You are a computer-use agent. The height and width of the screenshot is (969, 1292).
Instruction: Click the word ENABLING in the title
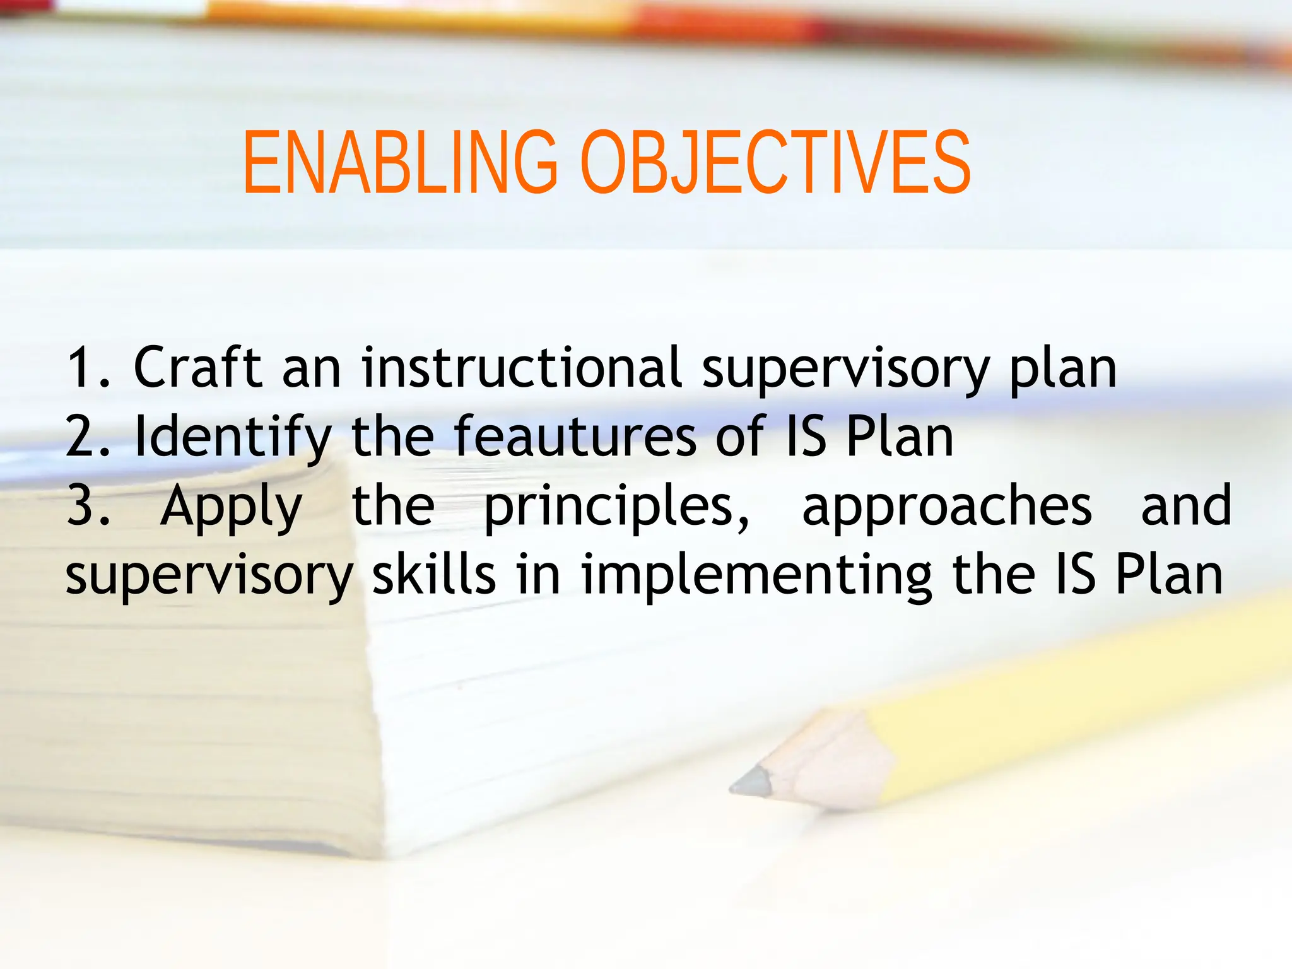point(400,163)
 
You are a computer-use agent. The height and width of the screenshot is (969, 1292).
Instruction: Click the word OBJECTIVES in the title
point(775,163)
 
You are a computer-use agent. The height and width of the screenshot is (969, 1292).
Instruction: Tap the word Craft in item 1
point(197,367)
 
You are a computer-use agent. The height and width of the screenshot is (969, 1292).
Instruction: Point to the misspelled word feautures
point(574,437)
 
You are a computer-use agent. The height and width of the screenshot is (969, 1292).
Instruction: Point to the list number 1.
point(82,368)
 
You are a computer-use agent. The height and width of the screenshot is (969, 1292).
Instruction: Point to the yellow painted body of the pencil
point(1072,707)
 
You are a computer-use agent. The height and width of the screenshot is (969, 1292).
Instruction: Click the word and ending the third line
point(1186,506)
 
